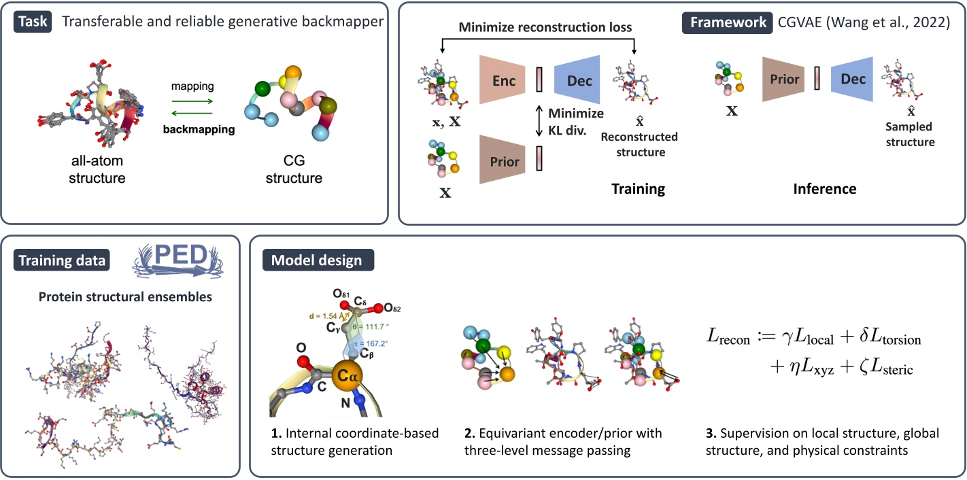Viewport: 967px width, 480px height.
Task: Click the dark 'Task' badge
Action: click(x=33, y=21)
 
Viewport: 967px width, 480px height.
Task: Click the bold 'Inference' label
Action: click(x=824, y=189)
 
